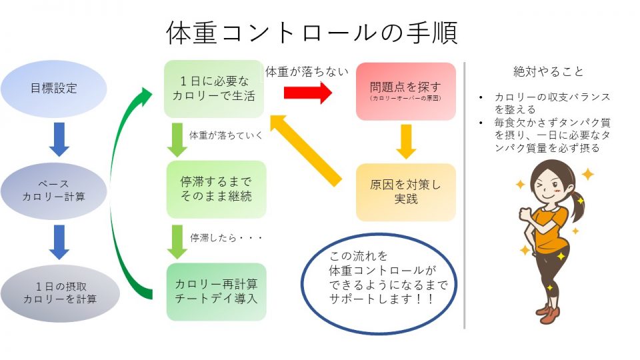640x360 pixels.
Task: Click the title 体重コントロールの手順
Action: [311, 33]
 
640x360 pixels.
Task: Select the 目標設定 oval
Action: [54, 89]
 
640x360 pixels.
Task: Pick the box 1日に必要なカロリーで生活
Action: [215, 89]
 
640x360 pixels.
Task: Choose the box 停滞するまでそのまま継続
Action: [215, 189]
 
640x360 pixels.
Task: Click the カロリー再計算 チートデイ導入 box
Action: [215, 291]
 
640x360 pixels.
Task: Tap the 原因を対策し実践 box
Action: [405, 191]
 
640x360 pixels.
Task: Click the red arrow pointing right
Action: [307, 93]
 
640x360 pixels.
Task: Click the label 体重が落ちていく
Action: [225, 135]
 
